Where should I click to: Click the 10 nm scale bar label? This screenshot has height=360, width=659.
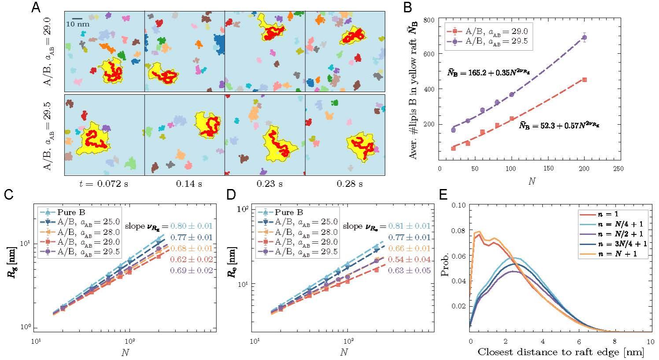click(78, 24)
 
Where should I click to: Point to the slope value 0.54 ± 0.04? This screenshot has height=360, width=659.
click(409, 259)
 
